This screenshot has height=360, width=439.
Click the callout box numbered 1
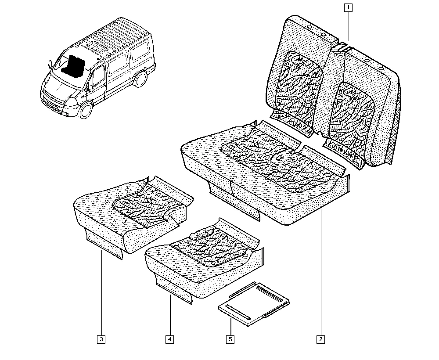(348, 7)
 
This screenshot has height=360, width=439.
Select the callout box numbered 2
(320, 339)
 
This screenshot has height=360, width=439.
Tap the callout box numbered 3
(101, 339)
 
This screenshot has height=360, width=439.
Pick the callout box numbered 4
(169, 339)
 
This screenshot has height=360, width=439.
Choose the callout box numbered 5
(230, 339)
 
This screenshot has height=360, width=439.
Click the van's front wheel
(86, 110)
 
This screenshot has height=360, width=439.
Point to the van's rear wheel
(140, 79)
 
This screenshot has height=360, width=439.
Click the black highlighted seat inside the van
(74, 66)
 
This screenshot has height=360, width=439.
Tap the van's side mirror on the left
(50, 65)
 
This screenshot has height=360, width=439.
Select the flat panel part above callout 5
(254, 304)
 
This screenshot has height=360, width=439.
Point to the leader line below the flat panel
(230, 327)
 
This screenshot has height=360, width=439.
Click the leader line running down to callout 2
(321, 273)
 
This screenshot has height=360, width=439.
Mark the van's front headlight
(72, 102)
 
